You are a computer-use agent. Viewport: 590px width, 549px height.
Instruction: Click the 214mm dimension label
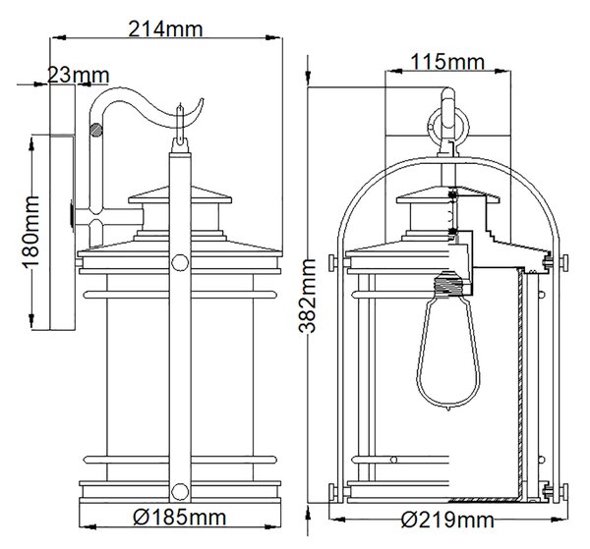[x=165, y=28]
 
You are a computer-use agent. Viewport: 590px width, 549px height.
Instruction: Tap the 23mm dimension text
[x=79, y=76]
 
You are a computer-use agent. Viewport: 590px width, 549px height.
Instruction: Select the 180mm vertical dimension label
[x=30, y=232]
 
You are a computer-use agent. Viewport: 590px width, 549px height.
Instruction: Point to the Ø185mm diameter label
[x=180, y=517]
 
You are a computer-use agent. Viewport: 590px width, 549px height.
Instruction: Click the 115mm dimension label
[x=447, y=62]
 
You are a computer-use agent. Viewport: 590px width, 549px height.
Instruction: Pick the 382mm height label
[x=307, y=297]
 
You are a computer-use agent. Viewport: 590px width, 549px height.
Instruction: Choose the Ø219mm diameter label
[x=447, y=521]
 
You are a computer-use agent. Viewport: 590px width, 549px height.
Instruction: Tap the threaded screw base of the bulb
[x=449, y=285]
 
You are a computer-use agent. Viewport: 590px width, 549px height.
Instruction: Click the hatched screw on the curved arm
[x=96, y=130]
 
